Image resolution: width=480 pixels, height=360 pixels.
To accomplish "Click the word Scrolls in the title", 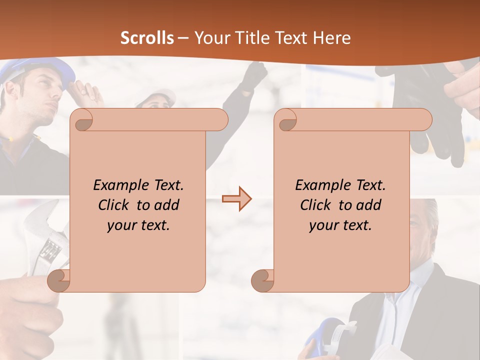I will pos(147,38).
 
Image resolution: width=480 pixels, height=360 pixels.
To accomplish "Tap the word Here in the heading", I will pos(331,38).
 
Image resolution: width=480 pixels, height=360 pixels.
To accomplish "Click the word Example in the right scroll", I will pos(321,185).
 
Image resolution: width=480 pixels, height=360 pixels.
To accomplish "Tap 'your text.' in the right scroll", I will pos(340,225).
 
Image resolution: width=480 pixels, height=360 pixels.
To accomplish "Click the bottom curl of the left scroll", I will pos(59,280).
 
